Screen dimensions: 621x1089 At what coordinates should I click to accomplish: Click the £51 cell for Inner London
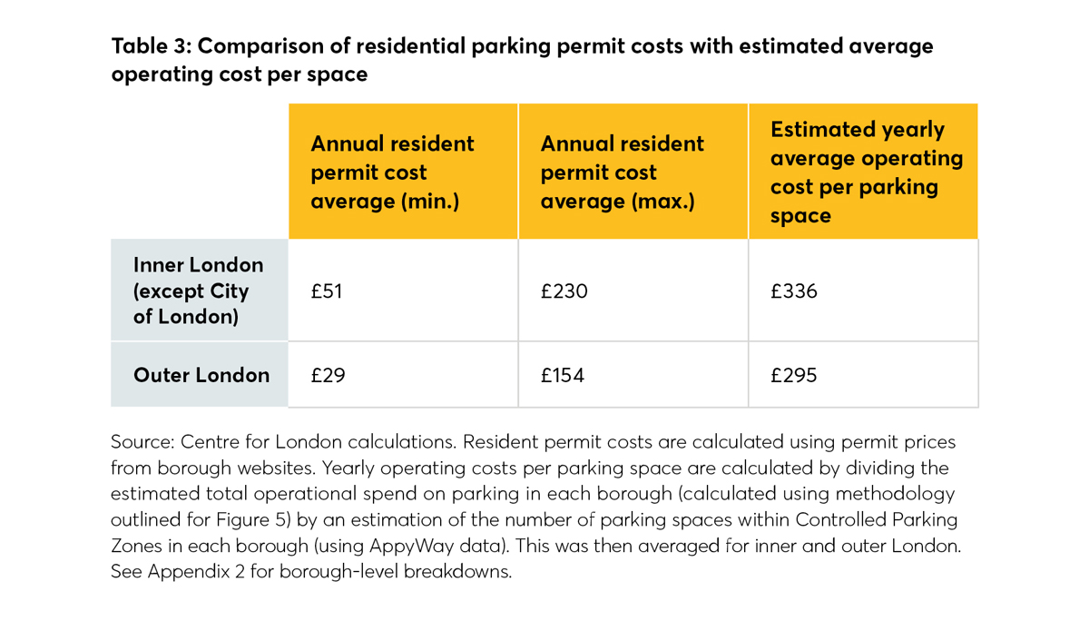(326, 291)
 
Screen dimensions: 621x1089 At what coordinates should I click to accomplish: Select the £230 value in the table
(564, 291)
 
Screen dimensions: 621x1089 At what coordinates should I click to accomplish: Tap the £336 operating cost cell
(793, 291)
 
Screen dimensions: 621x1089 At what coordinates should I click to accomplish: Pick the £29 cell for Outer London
(328, 375)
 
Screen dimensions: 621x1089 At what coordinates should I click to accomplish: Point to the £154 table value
(563, 375)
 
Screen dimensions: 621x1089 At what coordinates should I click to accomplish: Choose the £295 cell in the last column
(793, 375)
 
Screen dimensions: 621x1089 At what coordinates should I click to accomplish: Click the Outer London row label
(201, 375)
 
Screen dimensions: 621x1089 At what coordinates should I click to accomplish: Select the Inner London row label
(198, 291)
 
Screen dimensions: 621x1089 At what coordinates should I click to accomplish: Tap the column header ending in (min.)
(392, 172)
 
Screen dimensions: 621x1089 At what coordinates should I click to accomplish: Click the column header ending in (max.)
(622, 172)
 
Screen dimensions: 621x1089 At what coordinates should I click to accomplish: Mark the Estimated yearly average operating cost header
(866, 172)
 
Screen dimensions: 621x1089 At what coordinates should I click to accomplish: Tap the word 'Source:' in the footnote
(142, 442)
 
